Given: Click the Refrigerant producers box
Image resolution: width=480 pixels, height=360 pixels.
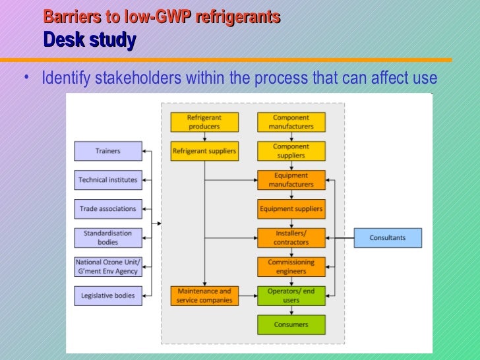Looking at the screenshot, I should coord(204,122).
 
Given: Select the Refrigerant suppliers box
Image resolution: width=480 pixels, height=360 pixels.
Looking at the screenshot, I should coord(204,151).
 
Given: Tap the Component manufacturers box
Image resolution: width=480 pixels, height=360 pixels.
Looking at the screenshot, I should coord(291,122).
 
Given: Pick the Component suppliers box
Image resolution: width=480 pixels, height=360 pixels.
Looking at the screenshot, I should coord(291,151).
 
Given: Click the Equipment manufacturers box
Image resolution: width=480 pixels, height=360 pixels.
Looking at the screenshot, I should coord(291,180).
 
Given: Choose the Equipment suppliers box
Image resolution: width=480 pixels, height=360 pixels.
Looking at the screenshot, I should coord(291,209).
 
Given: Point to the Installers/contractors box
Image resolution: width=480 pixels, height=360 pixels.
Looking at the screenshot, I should coord(291,237).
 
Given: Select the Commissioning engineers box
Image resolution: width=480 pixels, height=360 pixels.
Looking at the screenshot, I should coord(291,266).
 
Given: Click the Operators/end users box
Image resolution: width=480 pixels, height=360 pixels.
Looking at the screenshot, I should coord(291,295).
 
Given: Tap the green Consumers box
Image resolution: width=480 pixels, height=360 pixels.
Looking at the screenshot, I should coord(291,324).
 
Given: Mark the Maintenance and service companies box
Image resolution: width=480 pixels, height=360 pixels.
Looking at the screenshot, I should coord(204,295).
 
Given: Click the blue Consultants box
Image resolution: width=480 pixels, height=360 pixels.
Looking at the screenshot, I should coord(388,237).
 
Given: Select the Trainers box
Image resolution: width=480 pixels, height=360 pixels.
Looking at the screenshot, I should coord(107,151).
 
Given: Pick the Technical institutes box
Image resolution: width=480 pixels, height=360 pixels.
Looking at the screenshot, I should coord(107,180).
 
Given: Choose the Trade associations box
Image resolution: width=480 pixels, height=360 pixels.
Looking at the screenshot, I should coord(107,209).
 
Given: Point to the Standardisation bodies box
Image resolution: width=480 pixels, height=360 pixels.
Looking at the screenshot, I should coord(107,237).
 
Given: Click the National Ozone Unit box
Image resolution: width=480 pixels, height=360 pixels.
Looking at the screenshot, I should coord(107,266).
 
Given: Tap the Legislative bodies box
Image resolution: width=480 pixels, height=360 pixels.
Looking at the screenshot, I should coord(107,295).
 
